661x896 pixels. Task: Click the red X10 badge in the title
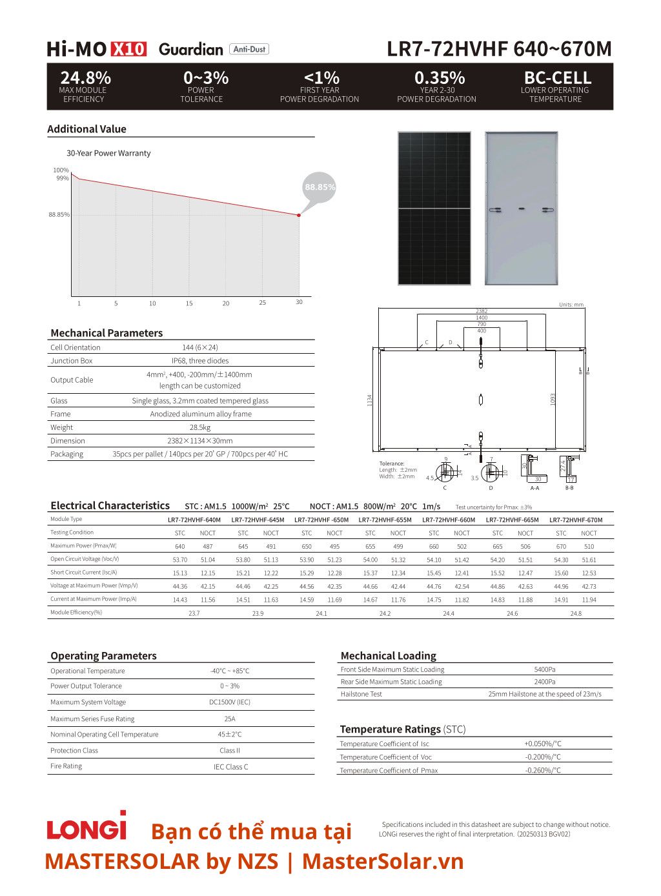(129, 49)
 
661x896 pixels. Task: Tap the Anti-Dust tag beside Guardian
(249, 49)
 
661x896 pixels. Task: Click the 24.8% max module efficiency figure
(85, 78)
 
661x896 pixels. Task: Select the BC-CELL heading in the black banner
(557, 78)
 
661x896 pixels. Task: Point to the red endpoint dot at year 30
(299, 215)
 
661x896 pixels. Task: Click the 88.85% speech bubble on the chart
(320, 187)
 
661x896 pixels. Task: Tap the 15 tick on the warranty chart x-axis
(189, 303)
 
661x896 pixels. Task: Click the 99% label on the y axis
(62, 178)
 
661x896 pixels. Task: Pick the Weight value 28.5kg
(200, 427)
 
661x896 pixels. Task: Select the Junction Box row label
(72, 361)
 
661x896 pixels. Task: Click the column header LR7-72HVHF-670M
(576, 520)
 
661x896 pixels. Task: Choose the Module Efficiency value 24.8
(576, 613)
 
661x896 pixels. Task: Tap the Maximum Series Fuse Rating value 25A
(230, 718)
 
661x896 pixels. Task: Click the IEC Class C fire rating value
(230, 767)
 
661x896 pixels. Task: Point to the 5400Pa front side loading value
(545, 669)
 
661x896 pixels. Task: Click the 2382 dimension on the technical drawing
(482, 311)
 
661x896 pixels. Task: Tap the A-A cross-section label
(534, 488)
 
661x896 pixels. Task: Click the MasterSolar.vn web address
(383, 861)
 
